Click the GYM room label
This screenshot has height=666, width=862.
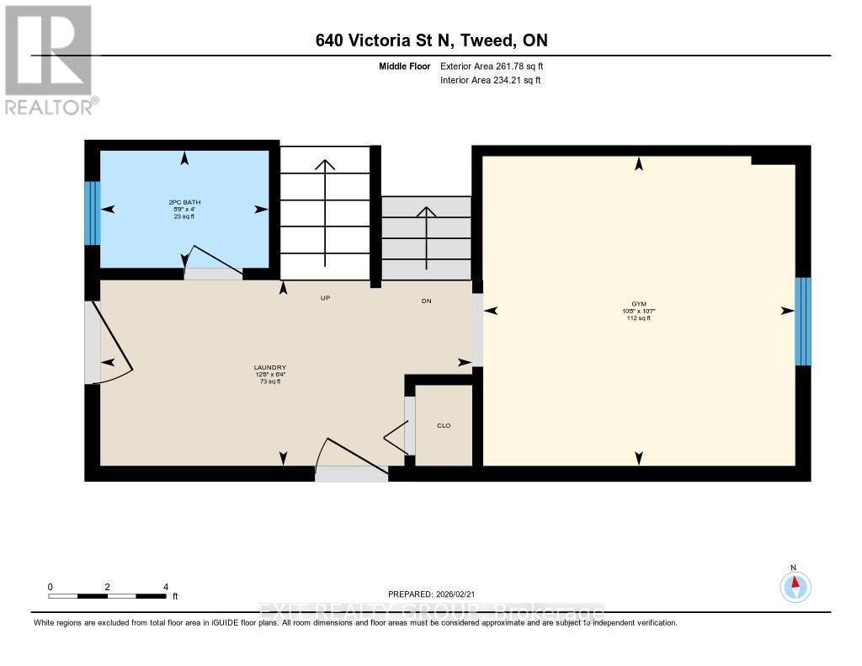click(x=639, y=304)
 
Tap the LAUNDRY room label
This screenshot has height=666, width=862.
click(x=270, y=367)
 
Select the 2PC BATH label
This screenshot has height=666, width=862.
click(x=184, y=202)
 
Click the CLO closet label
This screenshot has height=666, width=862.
click(x=444, y=425)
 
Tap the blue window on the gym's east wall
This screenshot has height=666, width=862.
click(x=803, y=321)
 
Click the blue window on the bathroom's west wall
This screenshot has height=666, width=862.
click(x=93, y=213)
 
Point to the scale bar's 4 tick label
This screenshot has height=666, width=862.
click(x=165, y=587)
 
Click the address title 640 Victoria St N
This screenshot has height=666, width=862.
click(x=431, y=40)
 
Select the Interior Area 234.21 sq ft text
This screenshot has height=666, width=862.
click(x=490, y=81)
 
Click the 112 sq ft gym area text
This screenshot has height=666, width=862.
click(x=639, y=318)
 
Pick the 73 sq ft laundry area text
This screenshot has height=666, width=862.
click(x=270, y=381)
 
